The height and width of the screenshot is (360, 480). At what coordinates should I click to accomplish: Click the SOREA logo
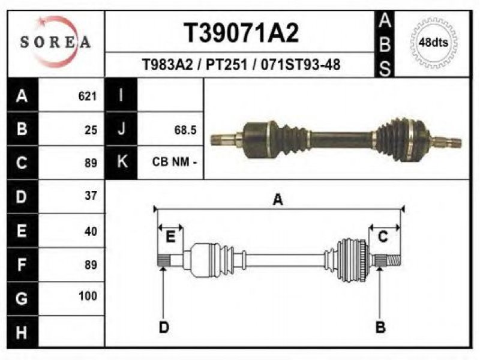55,41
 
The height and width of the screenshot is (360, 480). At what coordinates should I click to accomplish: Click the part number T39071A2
241,33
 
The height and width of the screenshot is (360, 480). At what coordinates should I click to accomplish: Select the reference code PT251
226,65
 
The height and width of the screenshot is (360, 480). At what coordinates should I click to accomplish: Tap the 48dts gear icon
433,42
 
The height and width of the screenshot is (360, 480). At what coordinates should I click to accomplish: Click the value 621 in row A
88,96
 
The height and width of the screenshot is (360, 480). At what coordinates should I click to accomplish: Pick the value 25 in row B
91,130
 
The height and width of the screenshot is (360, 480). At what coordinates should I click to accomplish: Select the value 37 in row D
91,196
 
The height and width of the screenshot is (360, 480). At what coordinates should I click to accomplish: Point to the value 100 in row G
88,296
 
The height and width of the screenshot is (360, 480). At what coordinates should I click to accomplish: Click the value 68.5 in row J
185,130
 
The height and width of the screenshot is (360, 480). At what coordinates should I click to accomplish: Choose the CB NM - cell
174,161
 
